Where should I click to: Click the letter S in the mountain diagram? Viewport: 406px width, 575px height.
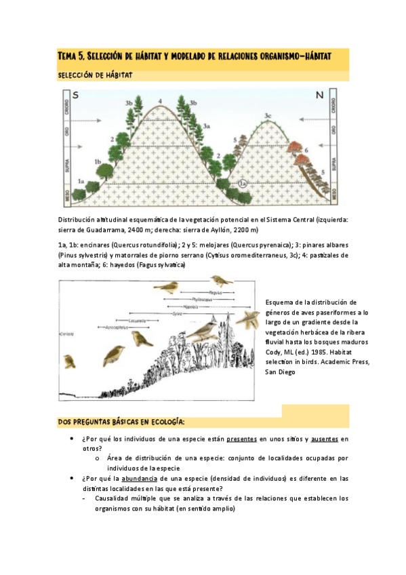(x=75, y=96)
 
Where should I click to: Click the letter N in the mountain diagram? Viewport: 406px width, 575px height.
(x=319, y=96)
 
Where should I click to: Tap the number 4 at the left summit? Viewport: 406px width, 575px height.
(x=160, y=102)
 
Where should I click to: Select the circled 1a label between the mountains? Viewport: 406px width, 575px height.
(x=244, y=182)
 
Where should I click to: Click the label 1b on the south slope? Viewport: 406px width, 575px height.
(x=98, y=161)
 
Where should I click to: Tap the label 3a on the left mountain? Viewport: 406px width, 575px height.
(x=207, y=126)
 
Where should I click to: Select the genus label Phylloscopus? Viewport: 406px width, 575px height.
(x=201, y=299)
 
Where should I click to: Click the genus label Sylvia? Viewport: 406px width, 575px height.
(x=177, y=313)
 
